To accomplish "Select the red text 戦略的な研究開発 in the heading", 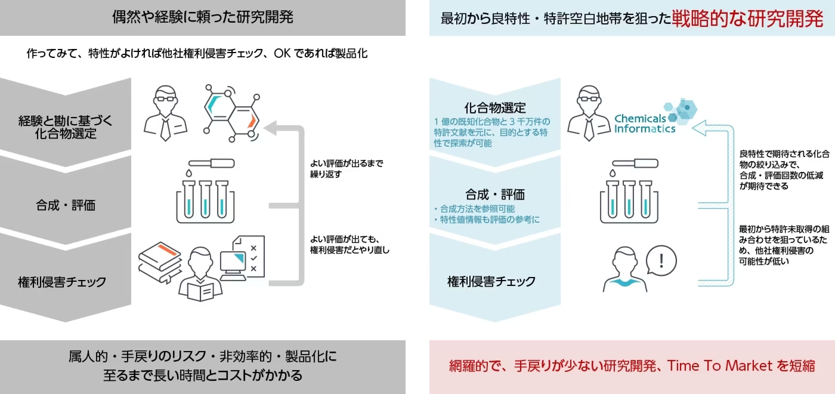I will coord(747,18).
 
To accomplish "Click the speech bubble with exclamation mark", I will coord(661,261).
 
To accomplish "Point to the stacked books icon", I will coord(160,261).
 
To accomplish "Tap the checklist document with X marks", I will coord(253,256).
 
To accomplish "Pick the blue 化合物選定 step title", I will coord(495,108).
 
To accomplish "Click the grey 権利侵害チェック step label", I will coord(62,282).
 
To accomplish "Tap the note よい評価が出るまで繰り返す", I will coord(346,169).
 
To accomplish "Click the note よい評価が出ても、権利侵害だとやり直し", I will coord(350,245).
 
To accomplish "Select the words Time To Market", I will coord(720,366).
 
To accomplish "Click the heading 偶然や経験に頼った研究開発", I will coord(202,17).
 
